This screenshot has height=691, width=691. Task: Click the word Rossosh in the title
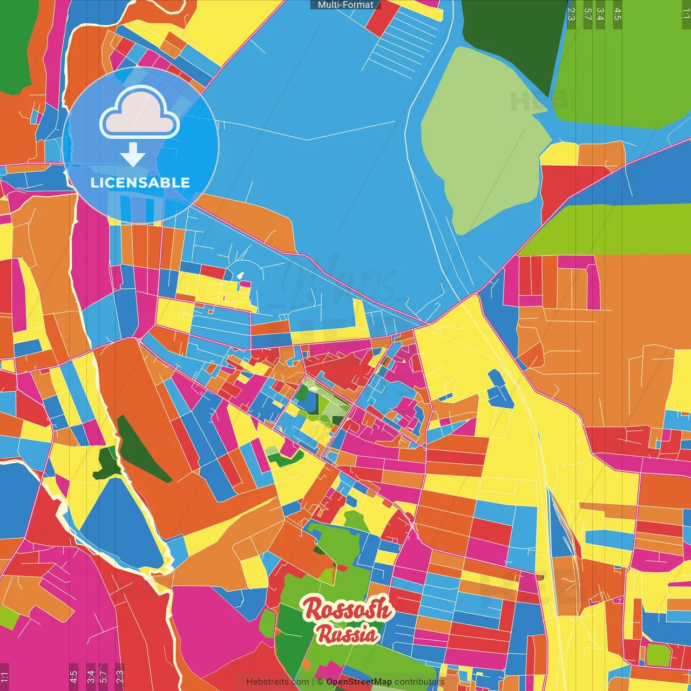[x=347, y=608]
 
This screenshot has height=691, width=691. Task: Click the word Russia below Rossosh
[x=347, y=634]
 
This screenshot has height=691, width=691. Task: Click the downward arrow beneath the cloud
[x=133, y=154]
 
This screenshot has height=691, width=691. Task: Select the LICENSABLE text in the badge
[x=140, y=182]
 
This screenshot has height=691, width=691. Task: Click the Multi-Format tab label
[x=345, y=5]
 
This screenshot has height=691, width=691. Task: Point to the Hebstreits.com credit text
[x=277, y=682]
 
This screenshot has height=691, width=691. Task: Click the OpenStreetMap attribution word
[x=358, y=682]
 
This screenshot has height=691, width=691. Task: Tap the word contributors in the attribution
[x=419, y=682]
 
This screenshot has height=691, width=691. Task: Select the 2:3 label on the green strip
[x=571, y=14]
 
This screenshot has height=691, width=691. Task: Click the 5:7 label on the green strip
[x=587, y=14]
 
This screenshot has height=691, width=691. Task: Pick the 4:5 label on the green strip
[x=617, y=14]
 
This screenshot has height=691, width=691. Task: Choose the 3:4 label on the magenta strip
[x=90, y=676]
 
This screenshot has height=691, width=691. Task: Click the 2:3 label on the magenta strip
[x=119, y=676]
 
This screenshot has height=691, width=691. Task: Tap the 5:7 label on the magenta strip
[x=103, y=676]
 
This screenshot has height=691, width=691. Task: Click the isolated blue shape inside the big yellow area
[x=500, y=389]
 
